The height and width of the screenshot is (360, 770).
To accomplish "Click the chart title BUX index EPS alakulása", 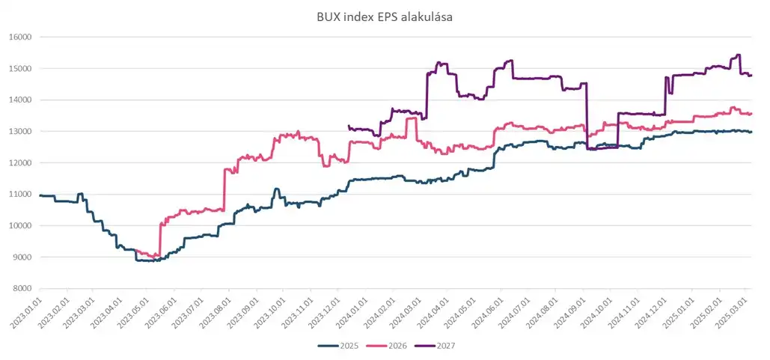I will (385, 14).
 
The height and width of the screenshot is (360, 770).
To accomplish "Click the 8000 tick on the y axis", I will (21, 288).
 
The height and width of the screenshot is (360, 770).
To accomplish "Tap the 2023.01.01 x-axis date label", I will (28, 313).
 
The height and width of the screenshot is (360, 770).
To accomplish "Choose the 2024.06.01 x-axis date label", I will (489, 313).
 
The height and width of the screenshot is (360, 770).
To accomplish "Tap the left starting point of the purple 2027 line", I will (349, 126).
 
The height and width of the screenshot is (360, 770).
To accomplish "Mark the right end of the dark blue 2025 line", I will (751, 132).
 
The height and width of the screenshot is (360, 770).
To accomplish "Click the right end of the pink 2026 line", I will (751, 113).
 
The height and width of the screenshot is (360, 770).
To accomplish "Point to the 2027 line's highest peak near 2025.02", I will (739, 55).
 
